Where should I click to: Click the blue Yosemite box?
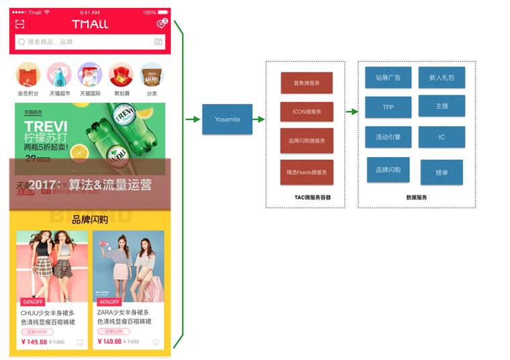tap(227, 119)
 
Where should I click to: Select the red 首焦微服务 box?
tap(306, 83)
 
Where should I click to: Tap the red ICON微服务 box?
tap(306, 111)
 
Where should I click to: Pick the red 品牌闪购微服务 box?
tap(306, 140)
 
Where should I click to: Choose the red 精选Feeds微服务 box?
tap(306, 172)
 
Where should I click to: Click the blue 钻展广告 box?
tap(388, 77)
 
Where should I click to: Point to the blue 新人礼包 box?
tap(441, 77)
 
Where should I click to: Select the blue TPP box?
tap(388, 107)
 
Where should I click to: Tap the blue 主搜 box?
tap(441, 106)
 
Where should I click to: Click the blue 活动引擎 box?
tap(388, 137)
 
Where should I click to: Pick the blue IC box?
tap(441, 137)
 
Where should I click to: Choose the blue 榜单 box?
tap(441, 172)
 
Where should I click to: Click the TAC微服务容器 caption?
tap(306, 197)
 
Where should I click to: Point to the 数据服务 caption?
tap(417, 197)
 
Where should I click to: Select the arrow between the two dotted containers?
tap(351, 113)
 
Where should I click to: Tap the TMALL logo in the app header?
tap(89, 24)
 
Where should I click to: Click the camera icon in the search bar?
tap(158, 42)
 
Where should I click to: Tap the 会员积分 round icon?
tap(28, 75)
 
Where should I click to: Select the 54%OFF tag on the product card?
tap(32, 302)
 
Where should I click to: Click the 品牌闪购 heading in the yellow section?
tap(90, 220)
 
